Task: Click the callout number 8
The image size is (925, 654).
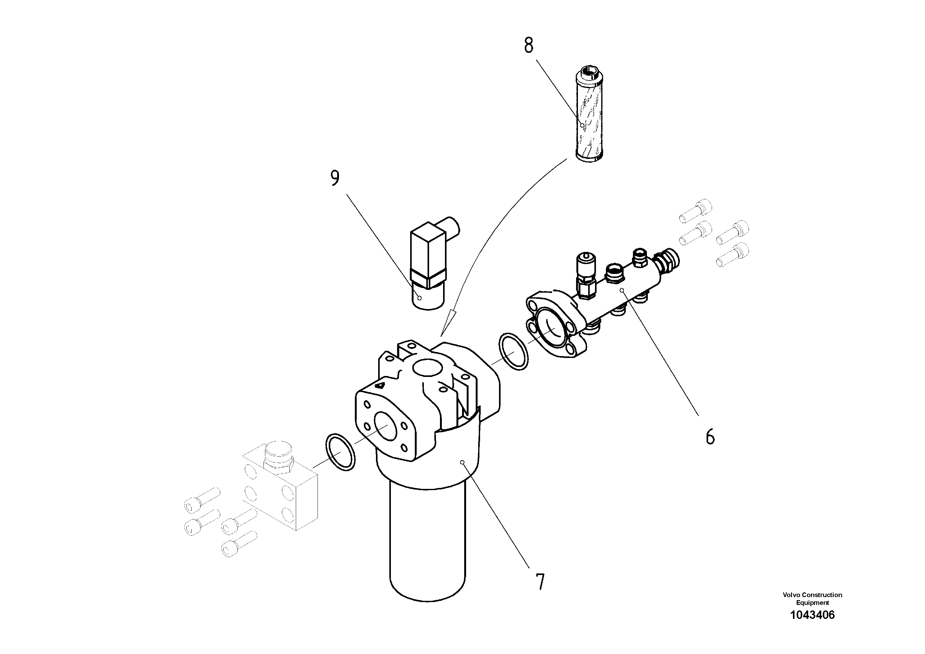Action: (x=529, y=46)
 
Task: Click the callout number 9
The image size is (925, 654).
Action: (x=335, y=178)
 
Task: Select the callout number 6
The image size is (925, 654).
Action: (x=710, y=436)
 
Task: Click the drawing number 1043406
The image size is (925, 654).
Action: (x=812, y=615)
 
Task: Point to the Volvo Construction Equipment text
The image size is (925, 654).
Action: (x=812, y=598)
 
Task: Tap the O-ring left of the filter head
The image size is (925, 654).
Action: (x=340, y=452)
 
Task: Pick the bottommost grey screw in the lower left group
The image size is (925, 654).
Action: (x=239, y=544)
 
